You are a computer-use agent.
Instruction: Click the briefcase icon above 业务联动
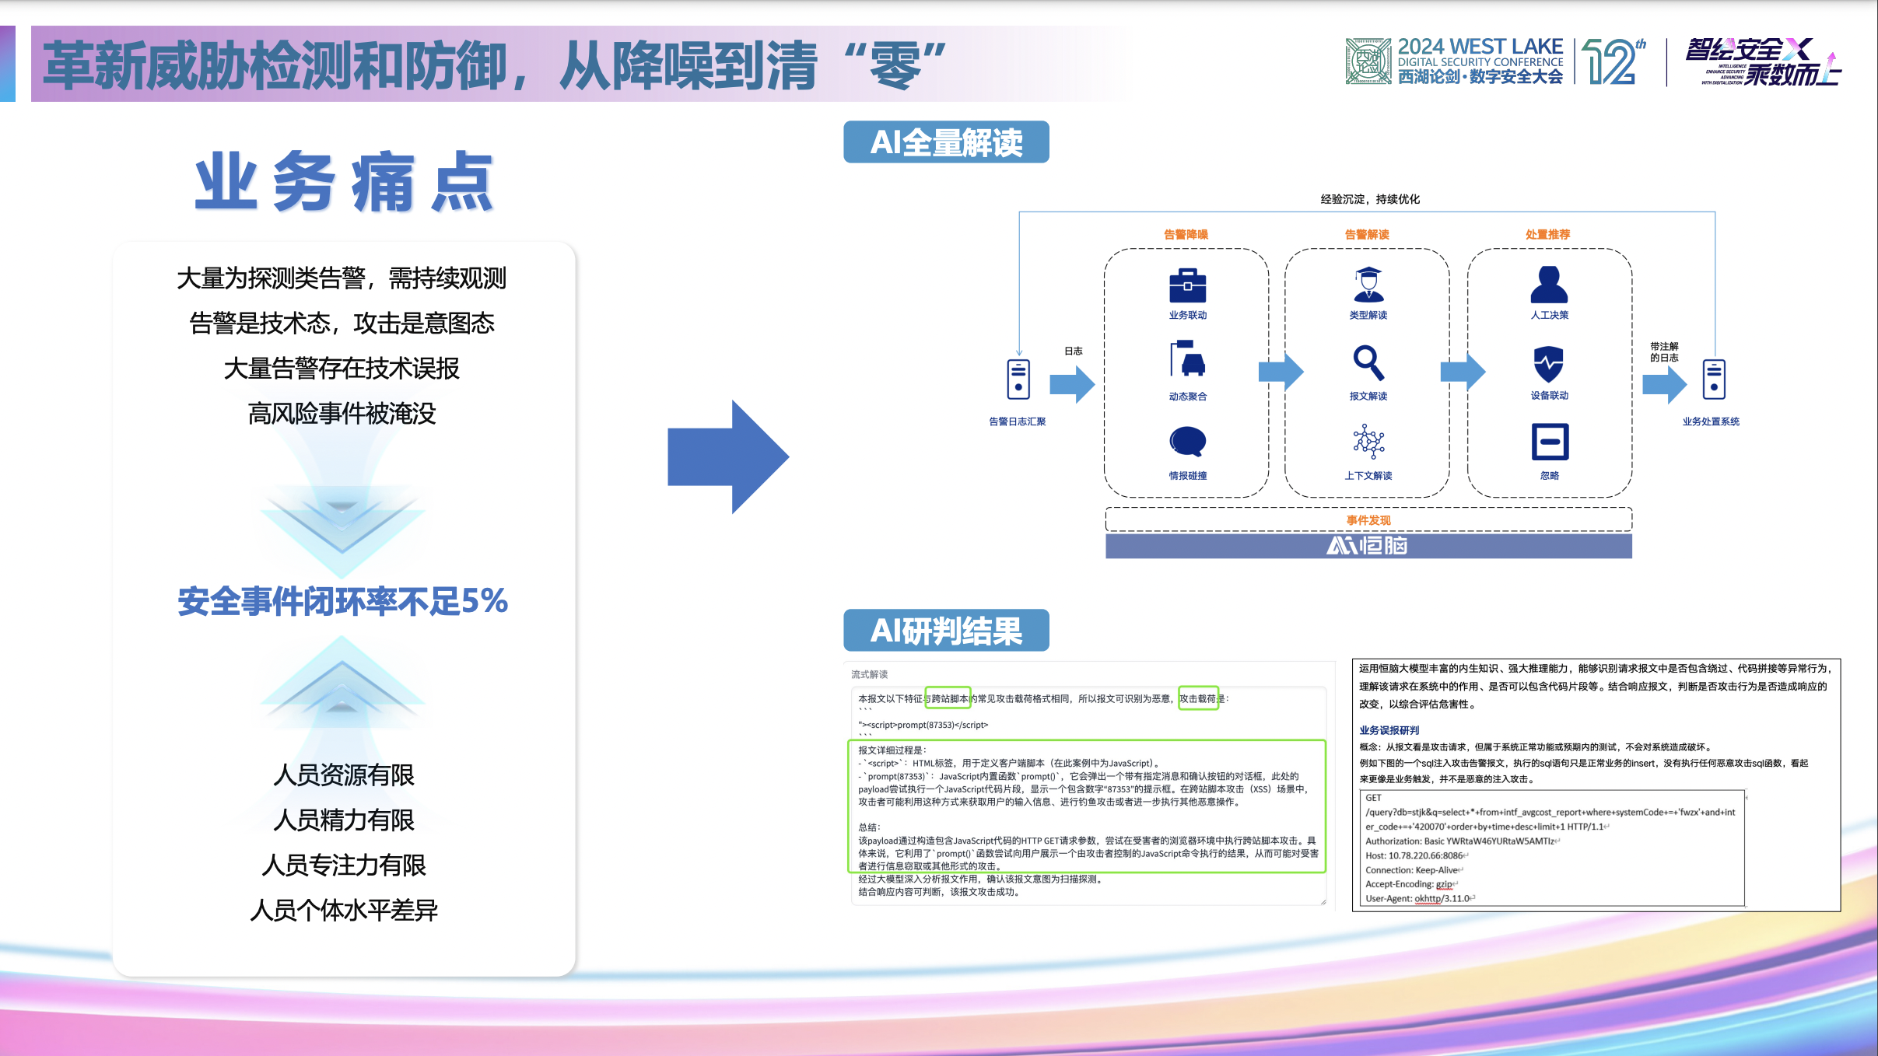pyautogui.click(x=1187, y=285)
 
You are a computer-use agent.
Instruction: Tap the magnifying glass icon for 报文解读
pyautogui.click(x=1368, y=362)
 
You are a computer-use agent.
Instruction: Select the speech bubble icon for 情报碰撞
pyautogui.click(x=1187, y=442)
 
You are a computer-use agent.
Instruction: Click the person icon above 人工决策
pyautogui.click(x=1548, y=285)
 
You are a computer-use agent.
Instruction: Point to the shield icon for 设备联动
pyautogui.click(x=1548, y=363)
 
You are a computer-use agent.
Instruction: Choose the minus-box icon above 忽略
pyautogui.click(x=1549, y=442)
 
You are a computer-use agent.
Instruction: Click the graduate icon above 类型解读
pyautogui.click(x=1368, y=285)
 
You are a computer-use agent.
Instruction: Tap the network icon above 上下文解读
pyautogui.click(x=1368, y=442)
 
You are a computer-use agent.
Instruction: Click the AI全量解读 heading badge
pyautogui.click(x=946, y=142)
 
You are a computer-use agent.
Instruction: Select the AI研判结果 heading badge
pyautogui.click(x=946, y=631)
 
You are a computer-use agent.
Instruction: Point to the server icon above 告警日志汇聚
pyautogui.click(x=1018, y=379)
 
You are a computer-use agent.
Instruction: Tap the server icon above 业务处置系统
pyautogui.click(x=1713, y=379)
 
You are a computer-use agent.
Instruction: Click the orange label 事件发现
pyautogui.click(x=1368, y=520)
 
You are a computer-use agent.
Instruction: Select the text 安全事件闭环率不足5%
pyautogui.click(x=342, y=601)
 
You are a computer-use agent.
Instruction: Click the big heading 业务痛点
pyautogui.click(x=343, y=183)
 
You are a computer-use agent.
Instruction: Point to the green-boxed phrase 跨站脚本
pyautogui.click(x=948, y=698)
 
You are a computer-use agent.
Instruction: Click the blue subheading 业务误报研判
pyautogui.click(x=1389, y=730)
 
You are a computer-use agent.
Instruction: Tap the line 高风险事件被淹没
pyautogui.click(x=342, y=414)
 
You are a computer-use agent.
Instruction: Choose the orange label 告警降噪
pyautogui.click(x=1186, y=234)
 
